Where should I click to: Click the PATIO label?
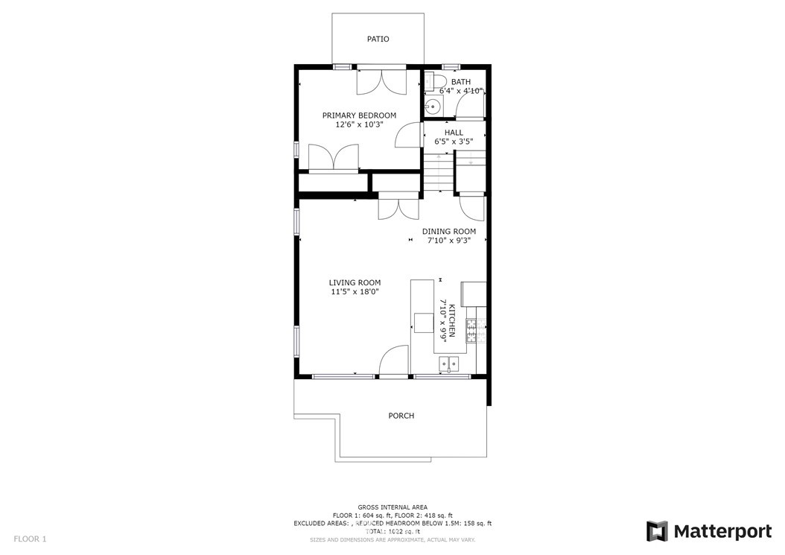point(378,39)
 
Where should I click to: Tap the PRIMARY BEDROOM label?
point(359,115)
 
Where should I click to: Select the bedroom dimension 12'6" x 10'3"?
point(359,124)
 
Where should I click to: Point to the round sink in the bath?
point(430,106)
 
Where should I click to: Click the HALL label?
point(454,132)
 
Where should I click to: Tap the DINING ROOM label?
point(448,231)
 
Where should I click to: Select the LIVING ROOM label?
point(355,282)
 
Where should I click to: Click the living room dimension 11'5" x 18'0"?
point(355,292)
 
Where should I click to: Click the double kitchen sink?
point(448,364)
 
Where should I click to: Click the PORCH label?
point(401,416)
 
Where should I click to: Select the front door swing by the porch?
point(395,361)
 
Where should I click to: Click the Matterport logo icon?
point(657,531)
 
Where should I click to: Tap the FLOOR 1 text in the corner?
point(30,538)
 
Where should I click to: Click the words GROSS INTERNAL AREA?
point(392,507)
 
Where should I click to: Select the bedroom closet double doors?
point(333,158)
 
